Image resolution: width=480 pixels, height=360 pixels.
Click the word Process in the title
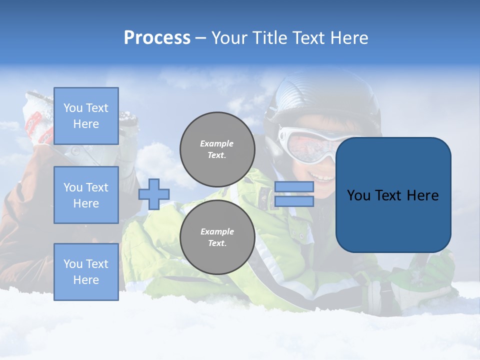(157, 38)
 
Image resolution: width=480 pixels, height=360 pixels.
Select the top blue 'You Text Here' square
(86, 116)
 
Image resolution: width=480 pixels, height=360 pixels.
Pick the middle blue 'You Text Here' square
(86, 195)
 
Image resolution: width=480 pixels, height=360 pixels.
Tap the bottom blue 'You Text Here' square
(86, 271)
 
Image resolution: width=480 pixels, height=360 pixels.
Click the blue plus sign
(154, 193)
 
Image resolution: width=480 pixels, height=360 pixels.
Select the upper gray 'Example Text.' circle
(217, 149)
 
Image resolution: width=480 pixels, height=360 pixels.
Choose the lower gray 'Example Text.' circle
(217, 237)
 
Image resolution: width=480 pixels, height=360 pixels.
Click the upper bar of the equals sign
(294, 187)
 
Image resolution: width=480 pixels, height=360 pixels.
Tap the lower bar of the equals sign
(294, 201)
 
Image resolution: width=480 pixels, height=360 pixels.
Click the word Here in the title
(348, 38)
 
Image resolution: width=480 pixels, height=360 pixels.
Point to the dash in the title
(200, 38)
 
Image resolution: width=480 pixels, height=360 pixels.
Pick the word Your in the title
(229, 38)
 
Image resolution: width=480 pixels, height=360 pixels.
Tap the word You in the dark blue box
(358, 195)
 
